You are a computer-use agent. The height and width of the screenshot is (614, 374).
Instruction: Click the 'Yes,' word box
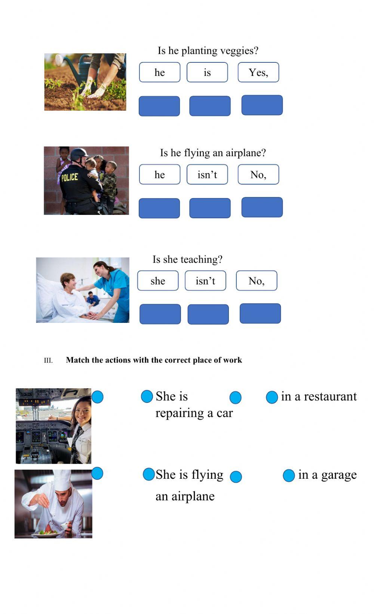coord(258,72)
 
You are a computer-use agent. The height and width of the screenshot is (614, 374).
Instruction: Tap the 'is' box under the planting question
coord(207,72)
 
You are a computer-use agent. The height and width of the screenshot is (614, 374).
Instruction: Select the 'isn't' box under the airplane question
coord(207,175)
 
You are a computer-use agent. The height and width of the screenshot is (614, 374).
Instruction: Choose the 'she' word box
coord(158,281)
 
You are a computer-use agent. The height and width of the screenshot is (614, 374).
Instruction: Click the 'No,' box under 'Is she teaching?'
coord(257,281)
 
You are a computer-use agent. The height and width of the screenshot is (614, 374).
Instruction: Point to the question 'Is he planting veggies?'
coord(208,50)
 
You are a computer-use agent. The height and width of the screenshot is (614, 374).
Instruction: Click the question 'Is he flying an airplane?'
coord(213,152)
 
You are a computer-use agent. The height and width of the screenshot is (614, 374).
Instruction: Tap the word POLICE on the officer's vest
coord(70,177)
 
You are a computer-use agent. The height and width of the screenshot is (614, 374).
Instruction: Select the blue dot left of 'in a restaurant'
coord(272,397)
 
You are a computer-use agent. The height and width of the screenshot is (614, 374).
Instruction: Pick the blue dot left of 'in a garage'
coord(289,476)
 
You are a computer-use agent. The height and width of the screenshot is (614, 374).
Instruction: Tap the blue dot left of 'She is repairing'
coord(147,397)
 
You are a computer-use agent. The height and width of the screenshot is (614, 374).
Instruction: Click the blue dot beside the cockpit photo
coord(97,397)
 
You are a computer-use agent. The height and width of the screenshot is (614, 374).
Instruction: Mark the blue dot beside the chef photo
coord(97,473)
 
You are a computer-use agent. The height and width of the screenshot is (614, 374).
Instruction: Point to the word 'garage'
coord(339,475)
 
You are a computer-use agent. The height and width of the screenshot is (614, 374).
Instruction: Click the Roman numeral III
coord(48,361)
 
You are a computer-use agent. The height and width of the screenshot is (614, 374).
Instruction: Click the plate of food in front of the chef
coord(46,533)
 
